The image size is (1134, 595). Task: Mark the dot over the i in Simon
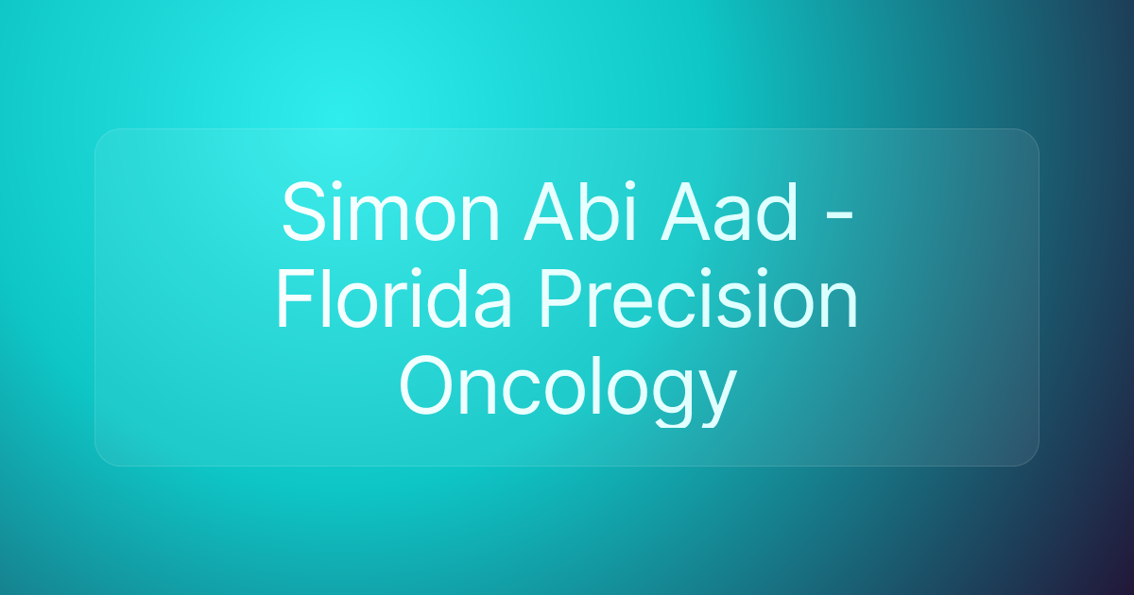(x=339, y=183)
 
